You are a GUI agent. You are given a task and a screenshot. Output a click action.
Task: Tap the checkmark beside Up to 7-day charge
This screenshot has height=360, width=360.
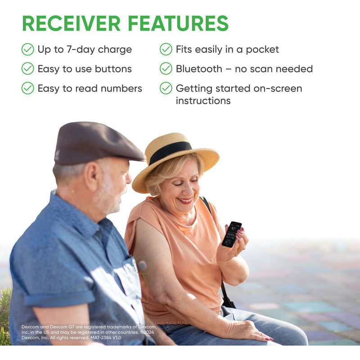tap(27, 49)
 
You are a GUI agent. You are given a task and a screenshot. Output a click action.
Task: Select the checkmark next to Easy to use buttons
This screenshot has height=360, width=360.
tap(27, 68)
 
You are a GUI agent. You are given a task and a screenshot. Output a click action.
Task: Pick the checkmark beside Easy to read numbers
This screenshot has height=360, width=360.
tap(27, 88)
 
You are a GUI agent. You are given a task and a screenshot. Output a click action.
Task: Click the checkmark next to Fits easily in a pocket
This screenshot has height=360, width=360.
tap(166, 49)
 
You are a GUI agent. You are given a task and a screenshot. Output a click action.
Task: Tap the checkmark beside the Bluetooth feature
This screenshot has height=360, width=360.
tap(166, 68)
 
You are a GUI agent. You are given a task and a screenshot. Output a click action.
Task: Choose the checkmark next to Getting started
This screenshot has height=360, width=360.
tap(166, 88)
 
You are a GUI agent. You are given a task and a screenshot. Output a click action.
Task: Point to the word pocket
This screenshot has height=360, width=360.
tap(263, 49)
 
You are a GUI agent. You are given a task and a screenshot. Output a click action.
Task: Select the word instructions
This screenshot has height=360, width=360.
tap(203, 101)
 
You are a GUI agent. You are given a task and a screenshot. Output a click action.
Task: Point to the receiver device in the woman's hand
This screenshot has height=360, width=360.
tap(231, 234)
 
